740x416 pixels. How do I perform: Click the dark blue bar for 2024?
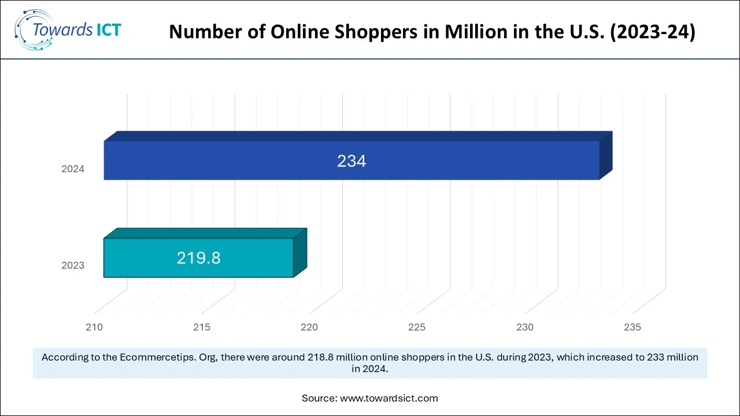coord(462,161)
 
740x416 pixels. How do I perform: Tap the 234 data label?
coord(351,161)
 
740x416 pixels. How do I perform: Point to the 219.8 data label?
coord(198,258)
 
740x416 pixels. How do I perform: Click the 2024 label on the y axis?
coord(73,169)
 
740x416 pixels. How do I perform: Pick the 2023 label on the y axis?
coord(73,266)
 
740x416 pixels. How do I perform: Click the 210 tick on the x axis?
coord(94,328)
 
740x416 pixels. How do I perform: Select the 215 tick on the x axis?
coord(202,328)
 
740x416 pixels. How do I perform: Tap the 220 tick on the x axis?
coord(309,328)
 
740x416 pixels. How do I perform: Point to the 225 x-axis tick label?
coord(417,328)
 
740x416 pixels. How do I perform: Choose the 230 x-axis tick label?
coord(525,328)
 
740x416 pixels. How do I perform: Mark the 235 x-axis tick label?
coord(632,328)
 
